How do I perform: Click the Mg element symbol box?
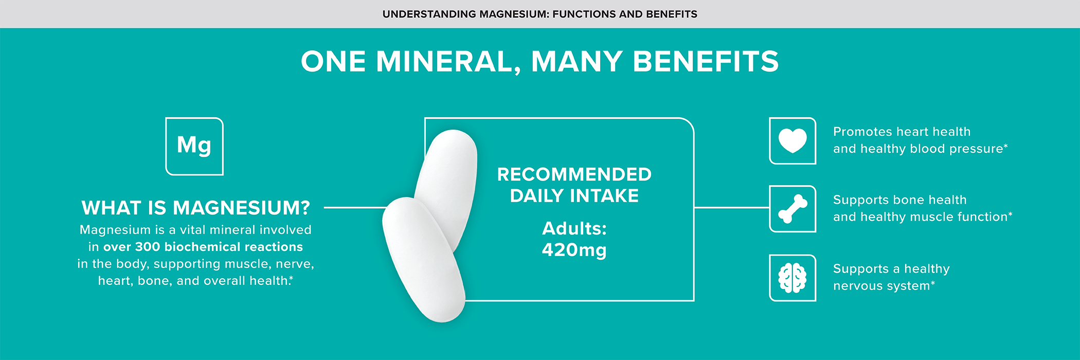point(194,146)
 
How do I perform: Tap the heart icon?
point(793,141)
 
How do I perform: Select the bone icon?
point(793,209)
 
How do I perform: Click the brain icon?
point(793,278)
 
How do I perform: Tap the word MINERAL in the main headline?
point(444,62)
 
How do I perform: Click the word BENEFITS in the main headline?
point(706,62)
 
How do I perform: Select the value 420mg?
point(574,250)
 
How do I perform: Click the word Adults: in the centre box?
point(574,228)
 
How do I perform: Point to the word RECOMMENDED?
point(574,174)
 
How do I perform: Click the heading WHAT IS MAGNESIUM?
point(195,208)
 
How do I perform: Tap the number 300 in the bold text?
point(148,247)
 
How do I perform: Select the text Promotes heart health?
point(902,132)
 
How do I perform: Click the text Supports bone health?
point(899,200)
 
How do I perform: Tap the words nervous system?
point(881,286)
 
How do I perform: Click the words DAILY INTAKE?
point(574,196)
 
